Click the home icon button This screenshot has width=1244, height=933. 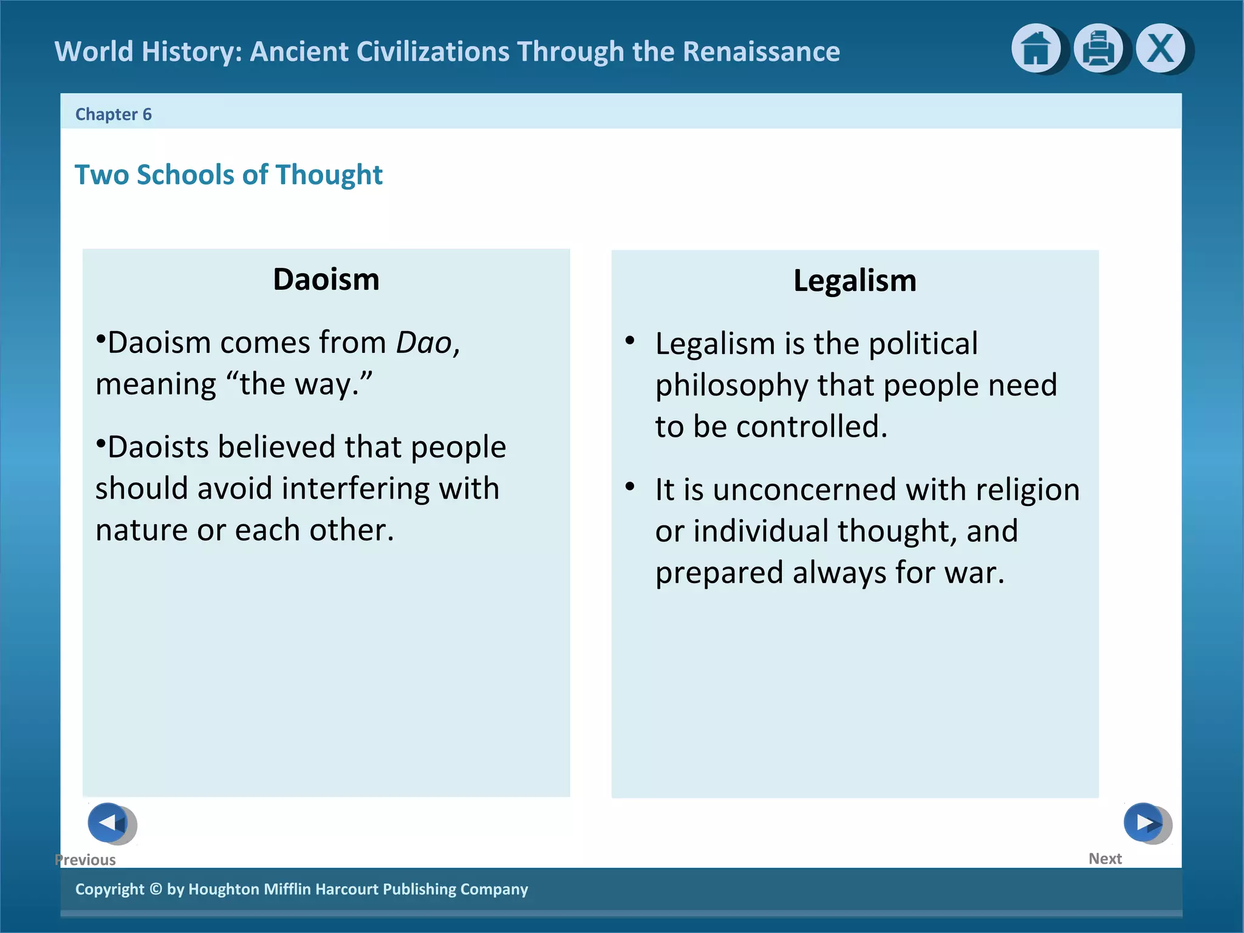pos(1036,49)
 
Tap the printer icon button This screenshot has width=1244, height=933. pos(1098,49)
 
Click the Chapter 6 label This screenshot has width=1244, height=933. pos(113,114)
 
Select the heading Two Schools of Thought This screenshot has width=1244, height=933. pos(228,175)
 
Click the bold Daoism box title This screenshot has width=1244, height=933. pos(326,279)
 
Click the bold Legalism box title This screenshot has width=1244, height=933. pos(855,281)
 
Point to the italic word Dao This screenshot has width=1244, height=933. pos(424,343)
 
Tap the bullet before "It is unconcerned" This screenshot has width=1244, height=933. pos(630,487)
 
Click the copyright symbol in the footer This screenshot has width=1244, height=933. pos(155,889)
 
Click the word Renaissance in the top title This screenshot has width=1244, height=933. pos(761,52)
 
